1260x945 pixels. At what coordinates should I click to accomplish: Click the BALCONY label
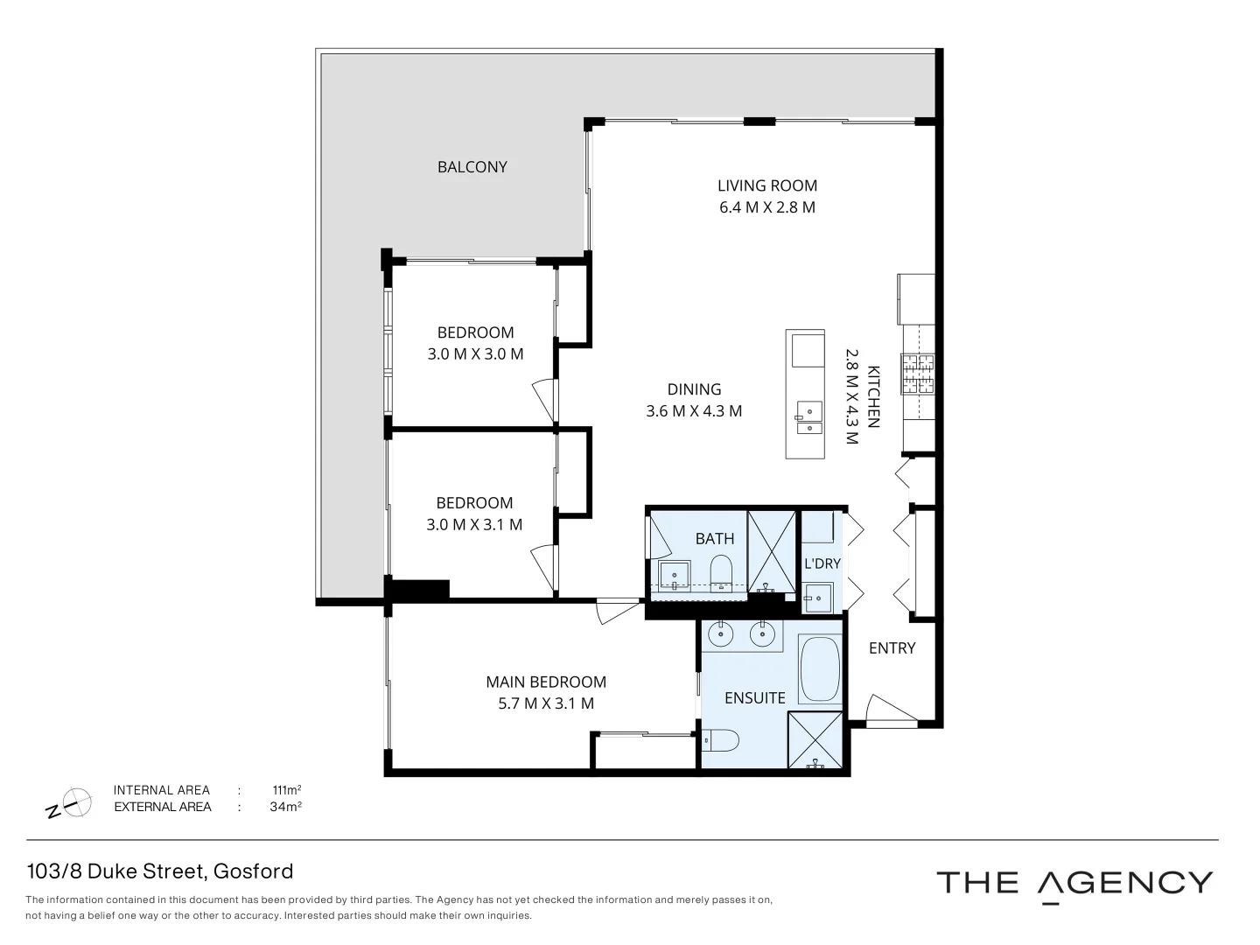472,167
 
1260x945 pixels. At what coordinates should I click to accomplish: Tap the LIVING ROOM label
766,185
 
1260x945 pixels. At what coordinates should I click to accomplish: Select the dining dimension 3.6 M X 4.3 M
694,411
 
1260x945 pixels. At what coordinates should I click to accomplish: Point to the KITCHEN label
872,396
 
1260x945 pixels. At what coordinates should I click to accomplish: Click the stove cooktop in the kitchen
918,374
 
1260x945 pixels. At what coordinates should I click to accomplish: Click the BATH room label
714,539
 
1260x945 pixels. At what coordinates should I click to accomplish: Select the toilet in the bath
722,572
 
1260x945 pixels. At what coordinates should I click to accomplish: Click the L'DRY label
822,563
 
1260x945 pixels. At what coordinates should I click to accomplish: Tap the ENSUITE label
754,697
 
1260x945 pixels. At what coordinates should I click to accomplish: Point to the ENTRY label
892,648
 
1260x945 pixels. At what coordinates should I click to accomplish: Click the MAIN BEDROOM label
546,682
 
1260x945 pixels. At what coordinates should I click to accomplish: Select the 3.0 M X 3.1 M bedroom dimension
474,525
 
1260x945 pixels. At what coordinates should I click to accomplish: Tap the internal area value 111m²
287,790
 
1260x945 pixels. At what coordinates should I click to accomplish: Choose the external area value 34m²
285,807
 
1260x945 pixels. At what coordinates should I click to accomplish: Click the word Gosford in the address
253,871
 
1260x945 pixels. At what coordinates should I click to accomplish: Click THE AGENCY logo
1074,883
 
